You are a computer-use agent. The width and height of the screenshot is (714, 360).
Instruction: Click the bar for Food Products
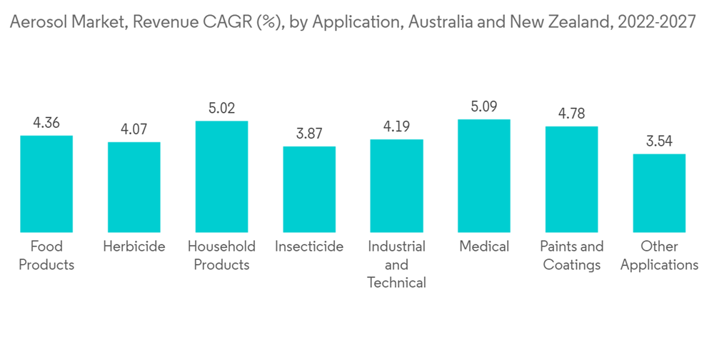click(x=46, y=184)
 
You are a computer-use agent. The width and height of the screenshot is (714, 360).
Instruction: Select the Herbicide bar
click(x=134, y=187)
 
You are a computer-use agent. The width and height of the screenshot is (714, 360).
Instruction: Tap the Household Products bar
click(x=221, y=176)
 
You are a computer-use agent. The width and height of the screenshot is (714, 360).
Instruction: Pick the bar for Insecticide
click(x=309, y=189)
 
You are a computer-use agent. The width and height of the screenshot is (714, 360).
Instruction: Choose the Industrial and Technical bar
click(x=396, y=186)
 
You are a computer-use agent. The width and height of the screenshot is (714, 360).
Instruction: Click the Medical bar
click(x=484, y=176)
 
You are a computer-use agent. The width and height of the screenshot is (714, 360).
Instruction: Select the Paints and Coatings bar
click(x=571, y=179)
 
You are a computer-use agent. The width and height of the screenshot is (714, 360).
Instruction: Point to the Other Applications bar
click(x=659, y=193)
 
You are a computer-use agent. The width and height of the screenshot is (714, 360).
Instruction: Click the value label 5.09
click(x=484, y=107)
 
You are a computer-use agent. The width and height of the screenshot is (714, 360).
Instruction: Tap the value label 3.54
click(x=659, y=141)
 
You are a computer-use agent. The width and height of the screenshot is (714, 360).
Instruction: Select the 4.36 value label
click(x=46, y=123)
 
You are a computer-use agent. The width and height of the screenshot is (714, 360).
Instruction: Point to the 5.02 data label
click(x=221, y=109)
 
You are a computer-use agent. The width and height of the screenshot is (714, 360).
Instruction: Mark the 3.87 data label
click(x=309, y=134)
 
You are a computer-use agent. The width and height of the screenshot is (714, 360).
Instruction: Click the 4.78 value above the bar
click(x=571, y=114)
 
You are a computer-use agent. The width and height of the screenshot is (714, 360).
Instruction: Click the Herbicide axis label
click(x=134, y=246)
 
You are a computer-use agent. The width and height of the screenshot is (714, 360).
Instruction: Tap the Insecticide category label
click(x=309, y=246)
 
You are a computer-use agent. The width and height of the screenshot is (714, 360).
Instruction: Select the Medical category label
click(x=484, y=246)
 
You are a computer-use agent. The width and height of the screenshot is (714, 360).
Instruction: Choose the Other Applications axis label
click(x=659, y=256)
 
